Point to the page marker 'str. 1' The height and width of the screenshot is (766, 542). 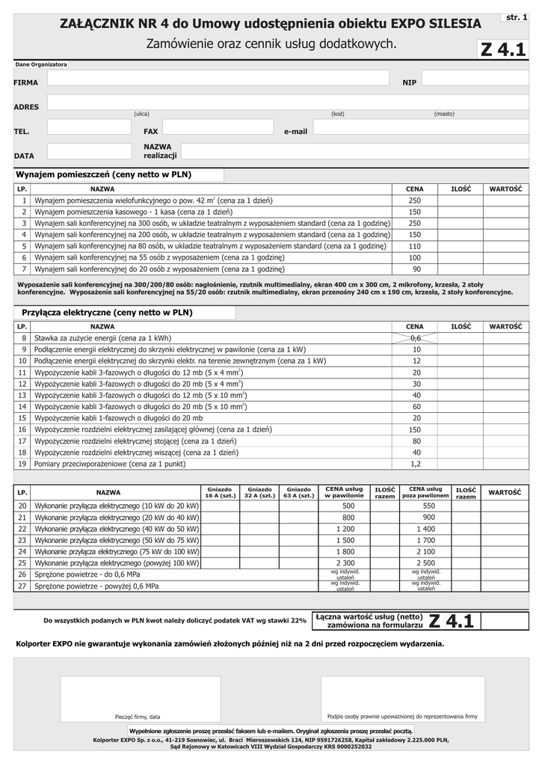coord(517,16)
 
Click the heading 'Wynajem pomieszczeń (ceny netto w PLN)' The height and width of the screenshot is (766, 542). coord(104,174)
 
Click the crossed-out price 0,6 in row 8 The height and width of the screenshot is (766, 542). coord(416,338)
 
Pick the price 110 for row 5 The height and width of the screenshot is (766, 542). coord(415,246)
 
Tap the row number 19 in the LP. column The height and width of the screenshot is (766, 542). coord(22,464)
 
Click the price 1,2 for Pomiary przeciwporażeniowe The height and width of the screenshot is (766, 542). coord(416,464)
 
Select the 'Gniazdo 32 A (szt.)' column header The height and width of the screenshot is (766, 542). coord(259,492)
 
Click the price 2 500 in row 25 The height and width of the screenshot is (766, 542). coord(428,563)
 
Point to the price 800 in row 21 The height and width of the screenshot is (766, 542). coord(348,518)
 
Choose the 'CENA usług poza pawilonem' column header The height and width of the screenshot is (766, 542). coord(425,492)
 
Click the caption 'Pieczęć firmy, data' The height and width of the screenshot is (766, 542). coord(138,717)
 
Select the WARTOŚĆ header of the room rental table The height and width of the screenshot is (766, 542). coord(505,189)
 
